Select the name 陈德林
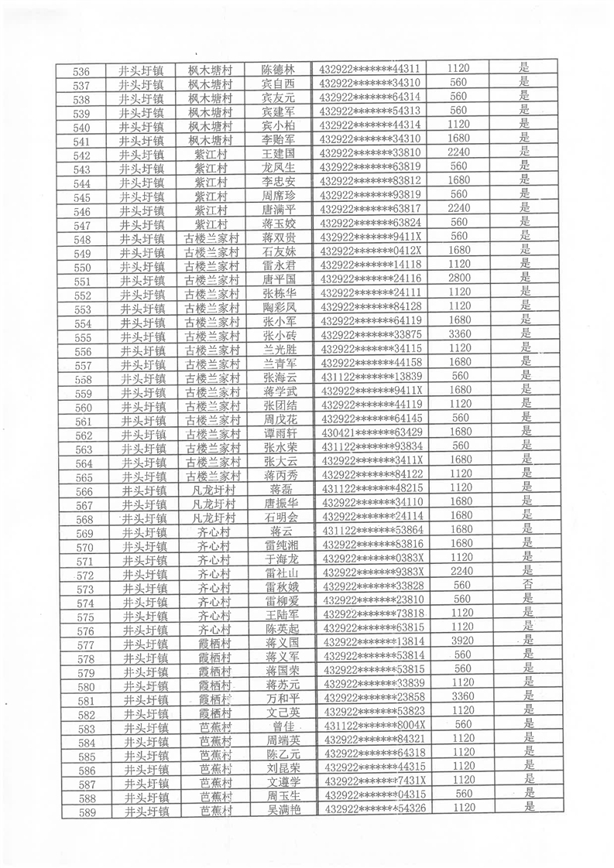tap(278, 70)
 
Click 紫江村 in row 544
tap(211, 182)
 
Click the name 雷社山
tap(280, 573)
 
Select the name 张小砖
tap(280, 336)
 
